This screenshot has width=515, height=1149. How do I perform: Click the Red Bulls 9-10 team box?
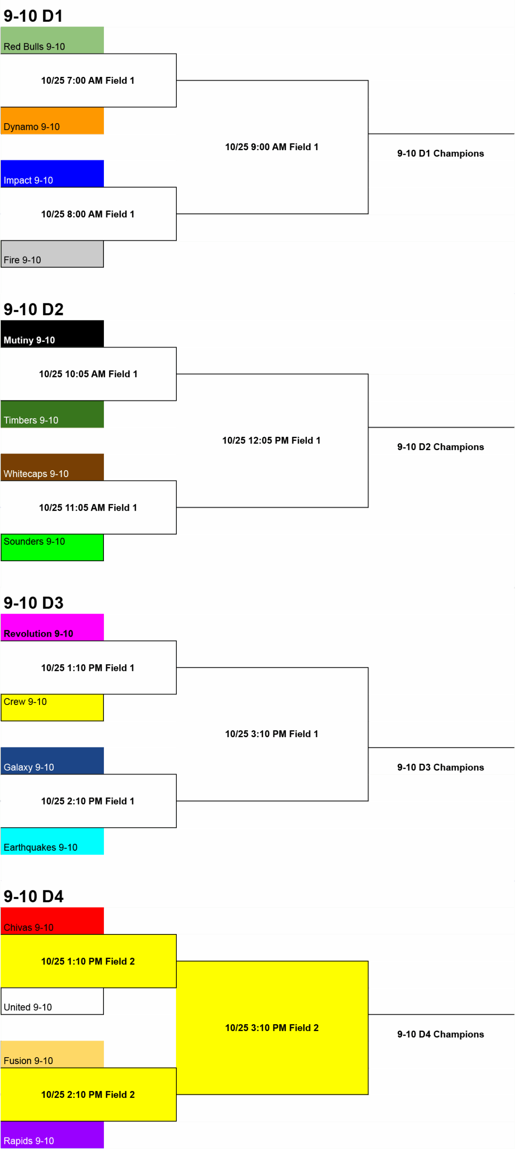point(52,40)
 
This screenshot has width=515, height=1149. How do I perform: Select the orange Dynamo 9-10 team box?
point(52,121)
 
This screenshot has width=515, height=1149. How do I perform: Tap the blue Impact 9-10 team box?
point(52,173)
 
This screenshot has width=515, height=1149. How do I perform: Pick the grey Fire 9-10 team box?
point(52,254)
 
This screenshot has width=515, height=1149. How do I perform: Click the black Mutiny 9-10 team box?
point(52,334)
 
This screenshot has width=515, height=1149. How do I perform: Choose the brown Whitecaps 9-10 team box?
point(52,467)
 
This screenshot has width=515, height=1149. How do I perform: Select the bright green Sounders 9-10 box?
point(52,547)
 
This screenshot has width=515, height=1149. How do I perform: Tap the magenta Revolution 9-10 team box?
point(52,627)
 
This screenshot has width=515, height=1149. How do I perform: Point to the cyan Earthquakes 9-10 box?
point(52,841)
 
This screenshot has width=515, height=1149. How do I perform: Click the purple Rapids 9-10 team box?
point(52,1135)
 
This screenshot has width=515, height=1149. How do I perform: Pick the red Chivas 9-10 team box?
point(52,921)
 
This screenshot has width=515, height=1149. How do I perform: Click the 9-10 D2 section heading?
point(33,309)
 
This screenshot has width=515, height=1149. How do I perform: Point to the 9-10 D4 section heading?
point(33,897)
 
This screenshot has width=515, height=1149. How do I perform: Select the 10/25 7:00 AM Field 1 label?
point(88,81)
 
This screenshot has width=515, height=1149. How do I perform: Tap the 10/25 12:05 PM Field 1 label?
point(271,441)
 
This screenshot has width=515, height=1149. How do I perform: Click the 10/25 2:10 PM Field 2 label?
point(88,1095)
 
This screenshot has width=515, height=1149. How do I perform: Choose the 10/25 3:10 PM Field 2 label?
point(272,1028)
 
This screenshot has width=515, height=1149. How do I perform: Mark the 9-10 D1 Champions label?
point(440,154)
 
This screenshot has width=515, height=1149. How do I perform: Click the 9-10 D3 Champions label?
point(440,767)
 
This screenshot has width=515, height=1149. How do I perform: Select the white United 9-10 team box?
point(52,1001)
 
